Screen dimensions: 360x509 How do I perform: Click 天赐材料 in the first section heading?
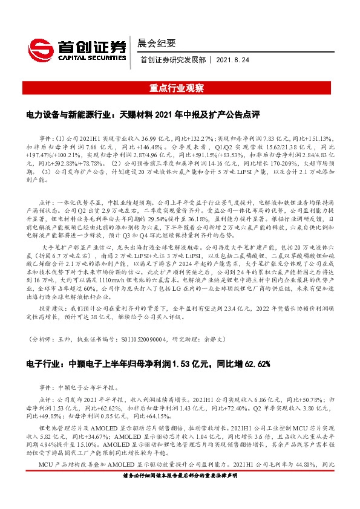click(x=137, y=114)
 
